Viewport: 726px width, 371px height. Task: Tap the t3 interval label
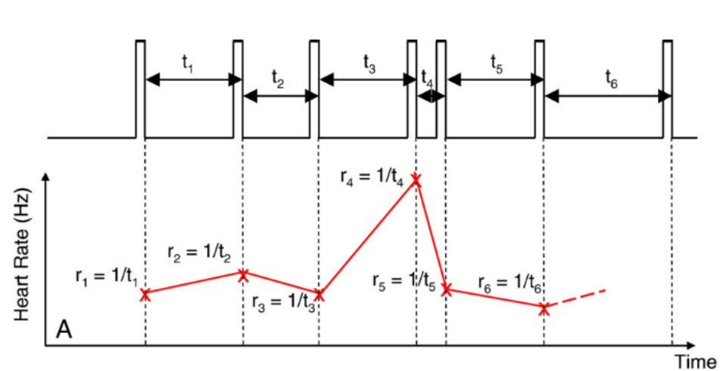tap(369, 64)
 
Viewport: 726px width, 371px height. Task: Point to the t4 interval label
tap(428, 78)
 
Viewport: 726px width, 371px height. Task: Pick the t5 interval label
tap(496, 64)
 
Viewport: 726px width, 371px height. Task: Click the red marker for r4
tap(416, 180)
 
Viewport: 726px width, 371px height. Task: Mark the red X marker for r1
tap(145, 295)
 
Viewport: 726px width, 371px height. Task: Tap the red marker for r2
tap(243, 275)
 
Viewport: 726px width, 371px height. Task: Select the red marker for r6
tap(544, 308)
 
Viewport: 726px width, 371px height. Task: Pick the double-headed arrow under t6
tap(608, 96)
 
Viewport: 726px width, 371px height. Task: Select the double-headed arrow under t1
tap(193, 79)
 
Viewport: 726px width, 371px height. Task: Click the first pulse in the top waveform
tap(139, 87)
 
